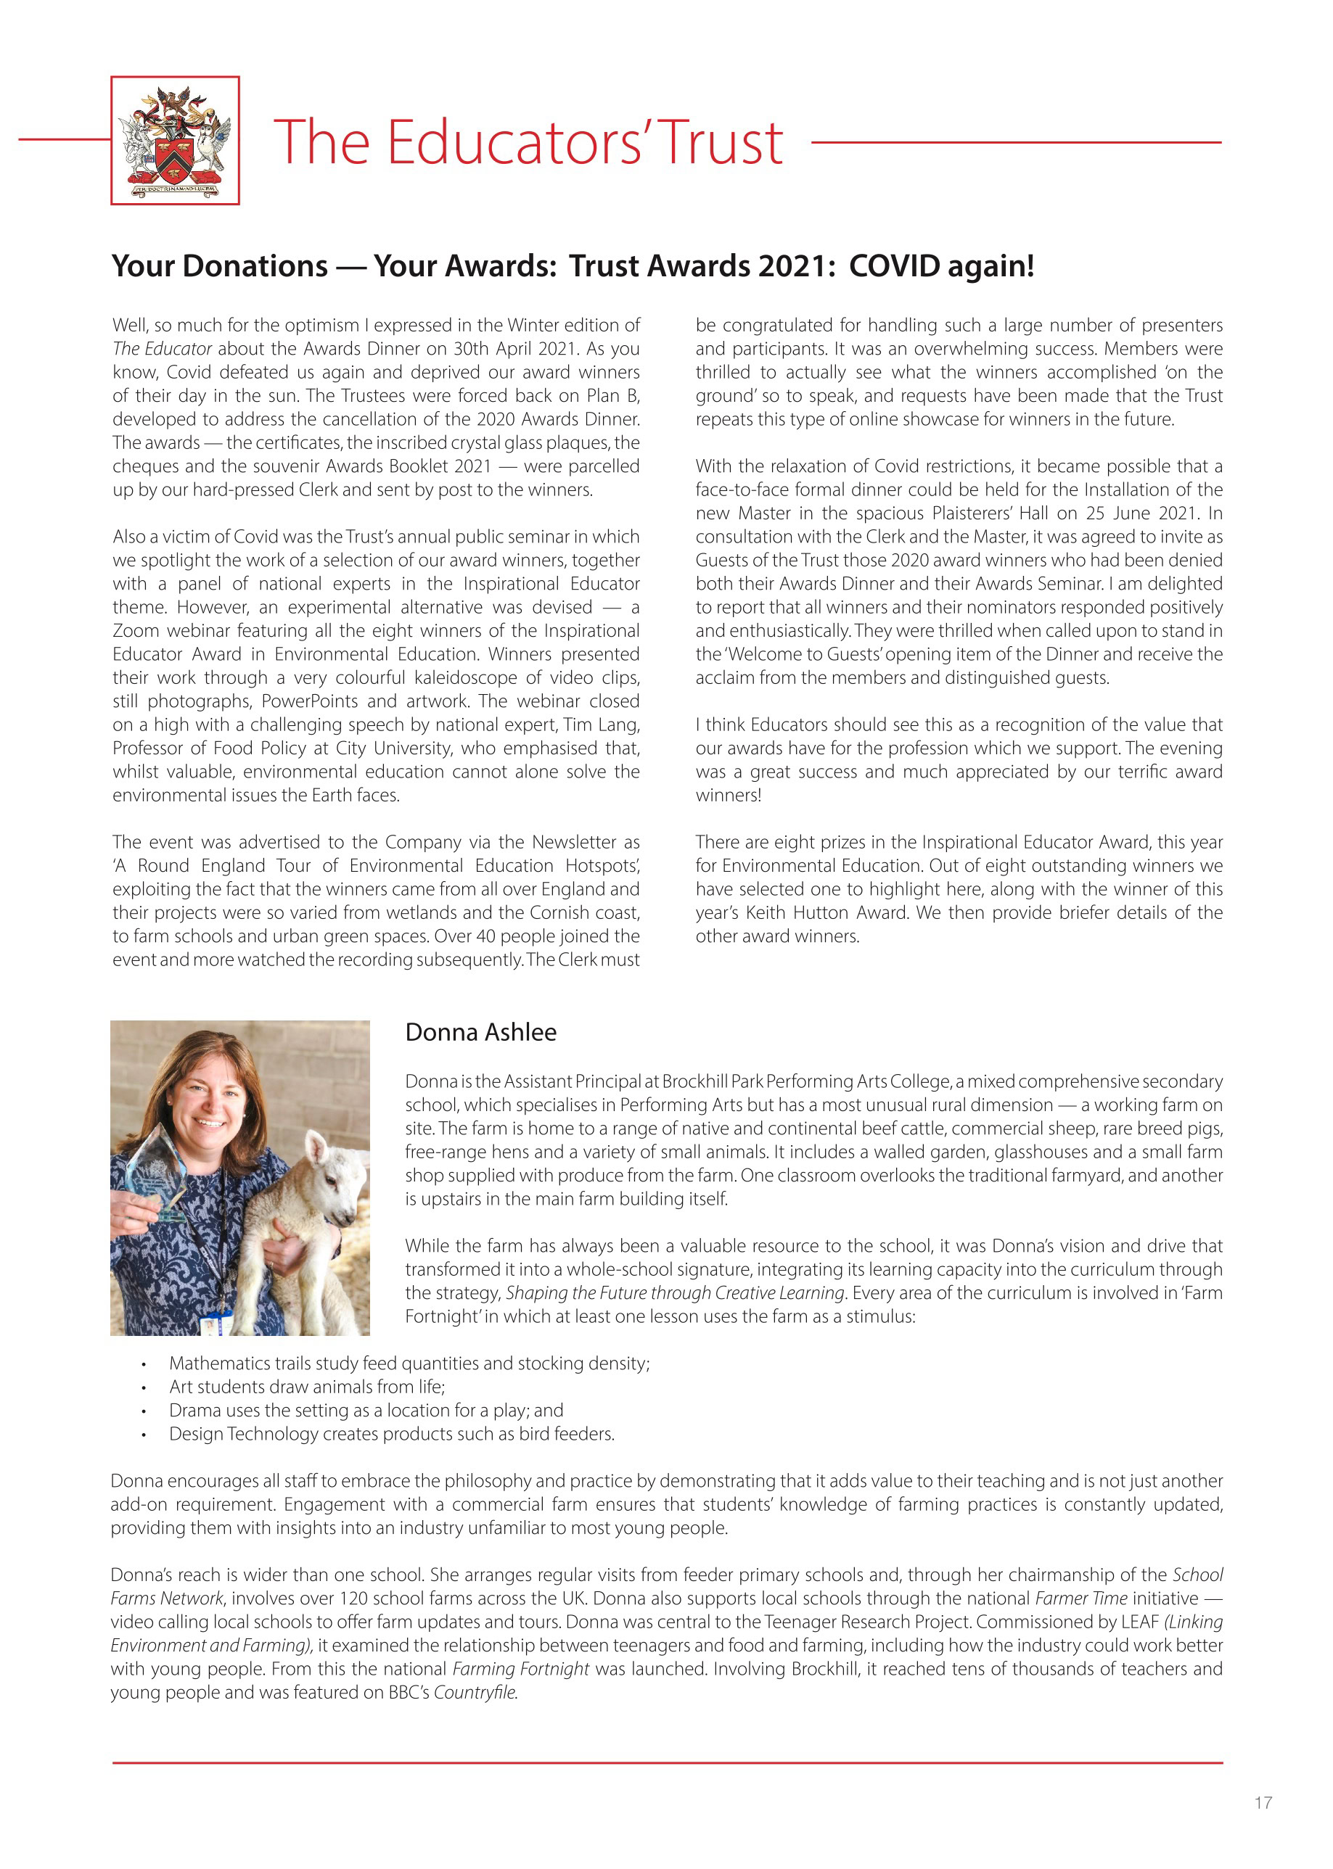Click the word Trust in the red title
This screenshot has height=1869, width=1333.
click(x=722, y=143)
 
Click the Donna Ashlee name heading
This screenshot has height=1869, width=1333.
click(x=480, y=1032)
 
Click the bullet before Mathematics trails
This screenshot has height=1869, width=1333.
click(x=144, y=1364)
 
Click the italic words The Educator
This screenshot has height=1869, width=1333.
click(x=162, y=349)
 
